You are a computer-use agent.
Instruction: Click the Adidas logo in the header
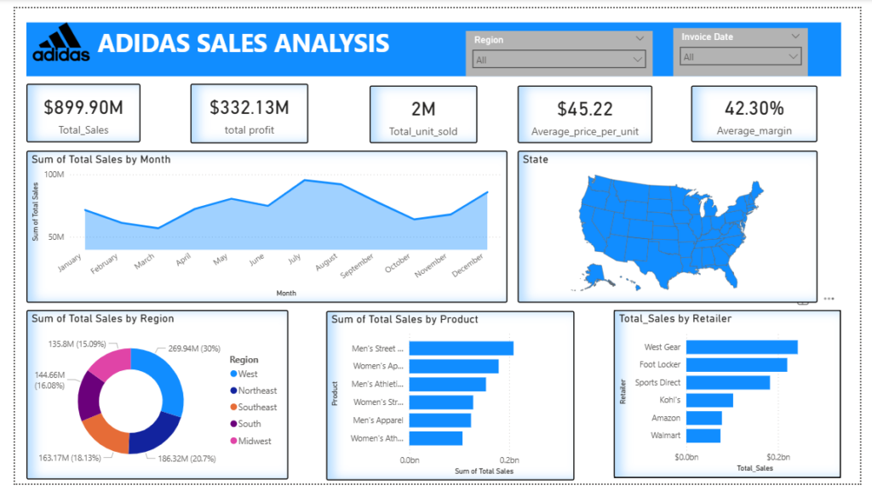61,43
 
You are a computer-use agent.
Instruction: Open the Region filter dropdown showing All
559,60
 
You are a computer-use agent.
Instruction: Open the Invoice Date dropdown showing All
740,57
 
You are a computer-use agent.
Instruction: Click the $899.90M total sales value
83,108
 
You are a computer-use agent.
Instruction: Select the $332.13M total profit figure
250,108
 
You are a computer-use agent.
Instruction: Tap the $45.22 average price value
585,110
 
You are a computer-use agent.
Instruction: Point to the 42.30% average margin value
754,108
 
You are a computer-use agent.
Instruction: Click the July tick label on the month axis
294,259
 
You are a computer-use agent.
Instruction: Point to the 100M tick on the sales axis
54,174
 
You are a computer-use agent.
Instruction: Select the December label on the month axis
468,265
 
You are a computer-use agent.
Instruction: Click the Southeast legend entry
254,407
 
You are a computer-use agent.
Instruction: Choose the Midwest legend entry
251,441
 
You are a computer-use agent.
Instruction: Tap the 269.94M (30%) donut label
194,349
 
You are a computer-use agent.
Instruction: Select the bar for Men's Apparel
440,420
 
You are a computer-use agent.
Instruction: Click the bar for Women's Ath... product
436,438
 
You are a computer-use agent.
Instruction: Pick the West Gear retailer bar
742,347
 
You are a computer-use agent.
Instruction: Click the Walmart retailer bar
703,436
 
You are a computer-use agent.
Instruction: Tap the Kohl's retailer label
669,400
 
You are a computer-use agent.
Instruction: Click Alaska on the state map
595,272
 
